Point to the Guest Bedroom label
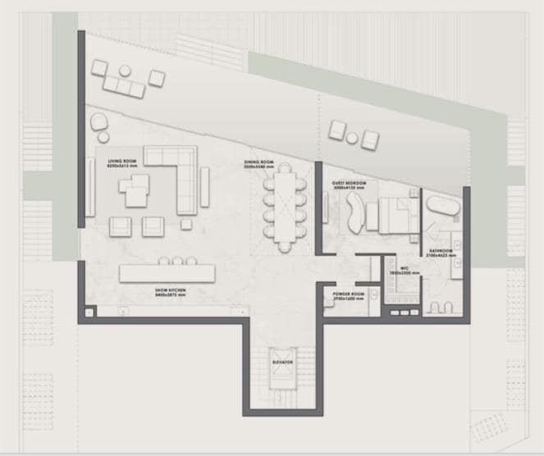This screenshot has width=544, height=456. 349,184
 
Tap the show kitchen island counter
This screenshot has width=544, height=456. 167,273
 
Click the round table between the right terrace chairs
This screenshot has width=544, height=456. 353,138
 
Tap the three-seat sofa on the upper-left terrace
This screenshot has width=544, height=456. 124,84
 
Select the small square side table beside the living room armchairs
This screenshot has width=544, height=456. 186,224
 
